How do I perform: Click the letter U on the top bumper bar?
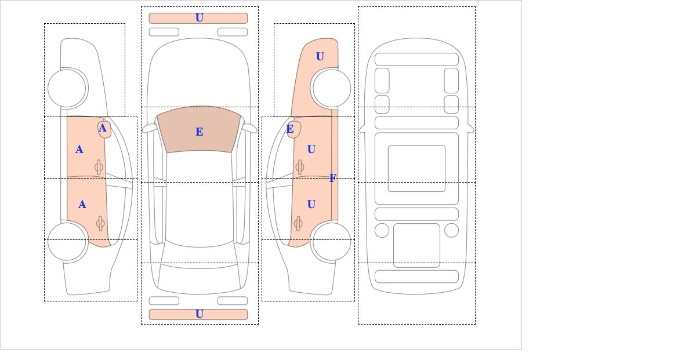[x=200, y=18]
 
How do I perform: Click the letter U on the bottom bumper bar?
[x=200, y=314]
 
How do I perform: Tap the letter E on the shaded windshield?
[x=200, y=132]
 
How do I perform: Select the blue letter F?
[x=333, y=178]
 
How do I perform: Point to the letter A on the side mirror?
[x=103, y=128]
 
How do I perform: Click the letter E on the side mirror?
[x=290, y=129]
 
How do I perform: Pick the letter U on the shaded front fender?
[x=320, y=56]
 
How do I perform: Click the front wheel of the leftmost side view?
[x=67, y=88]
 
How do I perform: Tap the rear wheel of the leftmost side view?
[x=67, y=241]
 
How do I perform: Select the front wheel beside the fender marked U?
[x=332, y=88]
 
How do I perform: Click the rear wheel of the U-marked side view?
[x=332, y=241]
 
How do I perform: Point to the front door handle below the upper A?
[x=99, y=168]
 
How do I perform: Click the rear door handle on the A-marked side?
[x=100, y=223]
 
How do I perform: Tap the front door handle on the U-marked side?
[x=300, y=168]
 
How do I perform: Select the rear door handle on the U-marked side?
[x=298, y=223]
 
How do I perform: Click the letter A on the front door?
[x=79, y=150]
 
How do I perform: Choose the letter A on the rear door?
[x=82, y=205]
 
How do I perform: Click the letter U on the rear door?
[x=311, y=204]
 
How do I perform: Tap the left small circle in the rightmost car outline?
[x=382, y=230]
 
